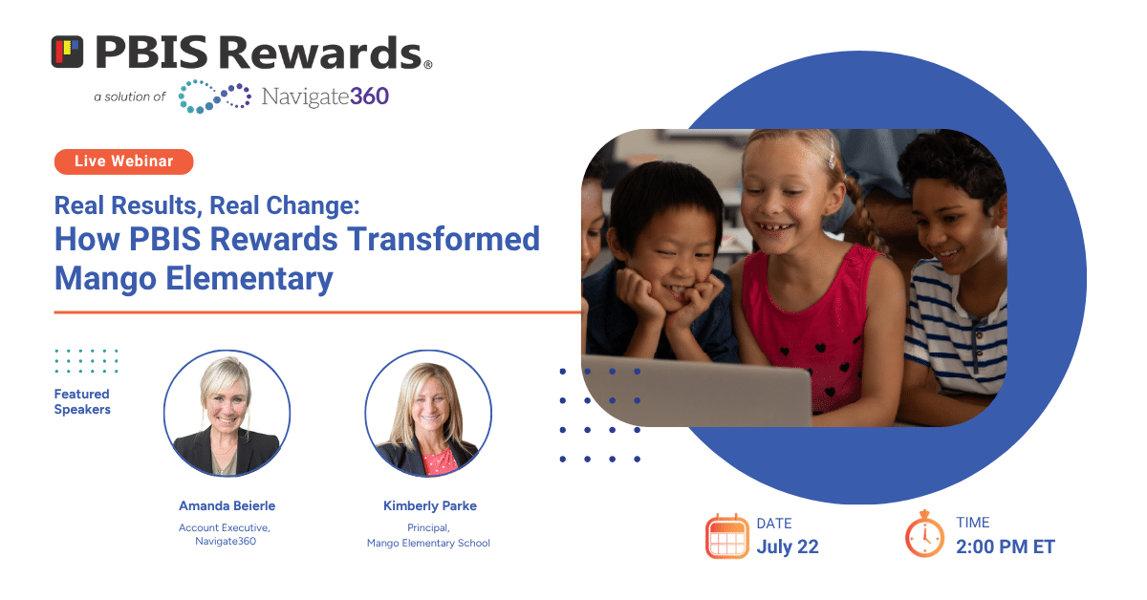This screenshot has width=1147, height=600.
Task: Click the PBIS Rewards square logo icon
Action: (x=67, y=52)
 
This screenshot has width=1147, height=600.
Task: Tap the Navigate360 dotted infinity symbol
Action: (x=214, y=96)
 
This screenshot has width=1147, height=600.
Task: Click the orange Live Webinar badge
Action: (x=124, y=161)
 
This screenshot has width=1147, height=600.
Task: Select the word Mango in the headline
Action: (x=105, y=279)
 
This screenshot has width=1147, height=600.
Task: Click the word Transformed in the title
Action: (x=444, y=239)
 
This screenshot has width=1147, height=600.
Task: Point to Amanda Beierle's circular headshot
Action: (x=227, y=413)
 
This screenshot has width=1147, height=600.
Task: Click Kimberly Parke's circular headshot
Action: (x=428, y=413)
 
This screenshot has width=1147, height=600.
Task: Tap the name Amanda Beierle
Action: (x=227, y=505)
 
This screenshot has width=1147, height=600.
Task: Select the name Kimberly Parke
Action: (x=430, y=505)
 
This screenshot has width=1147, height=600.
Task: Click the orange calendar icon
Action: (x=726, y=536)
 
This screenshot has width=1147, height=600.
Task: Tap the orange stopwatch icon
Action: (x=924, y=534)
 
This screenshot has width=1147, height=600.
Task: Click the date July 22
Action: (x=788, y=546)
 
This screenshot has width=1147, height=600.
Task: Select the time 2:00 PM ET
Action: (x=1006, y=546)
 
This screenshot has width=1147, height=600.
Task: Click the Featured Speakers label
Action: (x=82, y=402)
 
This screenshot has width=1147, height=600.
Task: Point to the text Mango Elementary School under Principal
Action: (x=428, y=543)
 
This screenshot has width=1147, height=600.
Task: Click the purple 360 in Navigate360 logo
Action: (x=370, y=96)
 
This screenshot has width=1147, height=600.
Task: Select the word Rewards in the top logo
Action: (x=320, y=53)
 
